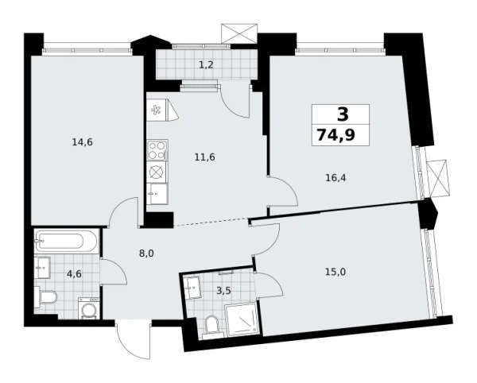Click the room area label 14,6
click(x=81, y=142)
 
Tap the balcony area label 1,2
click(x=205, y=65)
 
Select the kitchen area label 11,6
click(x=205, y=157)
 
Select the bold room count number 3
click(x=342, y=114)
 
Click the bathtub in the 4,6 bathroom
click(x=67, y=240)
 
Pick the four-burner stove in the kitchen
click(x=157, y=149)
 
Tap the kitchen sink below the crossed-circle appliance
click(x=156, y=192)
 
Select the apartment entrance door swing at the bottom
click(x=133, y=341)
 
